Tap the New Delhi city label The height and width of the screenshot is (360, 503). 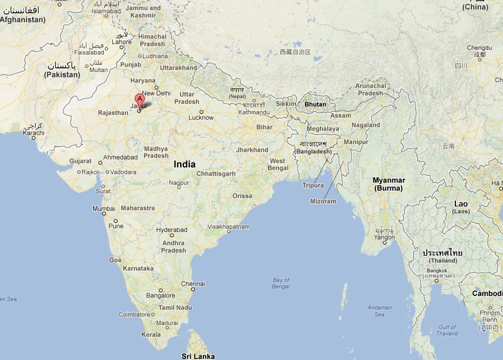[x=156, y=93]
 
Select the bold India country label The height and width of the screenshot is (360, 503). [x=184, y=164]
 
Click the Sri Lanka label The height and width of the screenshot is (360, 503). [x=198, y=356]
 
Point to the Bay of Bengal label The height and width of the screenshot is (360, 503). [x=281, y=283]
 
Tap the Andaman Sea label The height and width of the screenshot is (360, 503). [x=379, y=311]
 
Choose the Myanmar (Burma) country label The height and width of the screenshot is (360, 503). [x=388, y=184]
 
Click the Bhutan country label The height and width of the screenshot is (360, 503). [x=315, y=104]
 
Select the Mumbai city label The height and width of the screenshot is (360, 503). [x=104, y=209]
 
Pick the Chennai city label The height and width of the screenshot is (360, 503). [x=193, y=284]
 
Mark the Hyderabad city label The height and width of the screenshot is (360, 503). [x=172, y=230]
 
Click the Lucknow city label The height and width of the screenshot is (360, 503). [x=201, y=118]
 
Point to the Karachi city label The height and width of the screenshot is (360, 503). [x=33, y=132]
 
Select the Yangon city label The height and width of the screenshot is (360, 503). [x=384, y=237]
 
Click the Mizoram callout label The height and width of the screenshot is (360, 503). [x=323, y=201]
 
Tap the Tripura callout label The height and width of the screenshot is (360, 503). [x=313, y=185]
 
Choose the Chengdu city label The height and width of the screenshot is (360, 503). [x=479, y=48]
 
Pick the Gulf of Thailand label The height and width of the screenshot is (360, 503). [x=447, y=330]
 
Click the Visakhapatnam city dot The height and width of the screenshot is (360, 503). [x=229, y=231]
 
